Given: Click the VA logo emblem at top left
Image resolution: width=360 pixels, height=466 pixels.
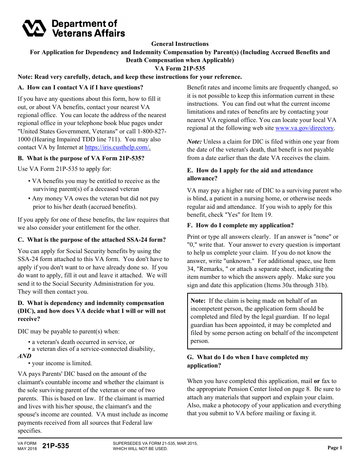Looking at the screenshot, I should pyautogui.click(x=34, y=28).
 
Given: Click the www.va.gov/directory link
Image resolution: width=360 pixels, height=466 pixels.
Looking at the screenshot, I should pyautogui.click(x=304, y=128).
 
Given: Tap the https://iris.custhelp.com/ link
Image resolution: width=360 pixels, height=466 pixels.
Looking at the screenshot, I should pyautogui.click(x=117, y=147).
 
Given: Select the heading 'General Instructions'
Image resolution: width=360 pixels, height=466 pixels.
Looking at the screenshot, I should pyautogui.click(x=180, y=44).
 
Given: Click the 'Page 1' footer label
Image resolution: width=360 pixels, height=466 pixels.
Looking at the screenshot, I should pyautogui.click(x=335, y=448).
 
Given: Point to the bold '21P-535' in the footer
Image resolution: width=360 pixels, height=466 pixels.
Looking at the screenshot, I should pyautogui.click(x=56, y=446).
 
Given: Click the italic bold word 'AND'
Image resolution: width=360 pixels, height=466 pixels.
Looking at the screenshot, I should pyautogui.click(x=25, y=356).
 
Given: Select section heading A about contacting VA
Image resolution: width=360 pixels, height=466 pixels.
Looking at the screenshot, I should pyautogui.click(x=80, y=88).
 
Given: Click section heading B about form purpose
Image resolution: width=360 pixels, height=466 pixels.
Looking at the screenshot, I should pyautogui.click(x=81, y=158).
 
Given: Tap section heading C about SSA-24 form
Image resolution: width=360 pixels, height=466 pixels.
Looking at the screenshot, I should pyautogui.click(x=92, y=240).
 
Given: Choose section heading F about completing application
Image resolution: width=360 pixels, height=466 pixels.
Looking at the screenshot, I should pyautogui.click(x=240, y=225).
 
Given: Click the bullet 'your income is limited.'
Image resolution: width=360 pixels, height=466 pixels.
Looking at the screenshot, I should pyautogui.click(x=62, y=363).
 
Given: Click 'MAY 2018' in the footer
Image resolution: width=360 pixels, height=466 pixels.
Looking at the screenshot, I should pyautogui.click(x=27, y=449).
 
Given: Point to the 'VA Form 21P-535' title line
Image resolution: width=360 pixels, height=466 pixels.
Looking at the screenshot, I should pyautogui.click(x=180, y=69).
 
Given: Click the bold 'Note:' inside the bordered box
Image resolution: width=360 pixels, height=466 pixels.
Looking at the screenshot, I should pyautogui.click(x=198, y=301).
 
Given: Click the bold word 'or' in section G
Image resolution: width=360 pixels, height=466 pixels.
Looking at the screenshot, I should pyautogui.click(x=317, y=381).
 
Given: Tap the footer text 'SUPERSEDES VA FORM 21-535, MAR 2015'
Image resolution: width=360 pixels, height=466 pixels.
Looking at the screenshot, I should pyautogui.click(x=155, y=443).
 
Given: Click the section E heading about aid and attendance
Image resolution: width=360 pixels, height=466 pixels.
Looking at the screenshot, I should pyautogui.click(x=250, y=174).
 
